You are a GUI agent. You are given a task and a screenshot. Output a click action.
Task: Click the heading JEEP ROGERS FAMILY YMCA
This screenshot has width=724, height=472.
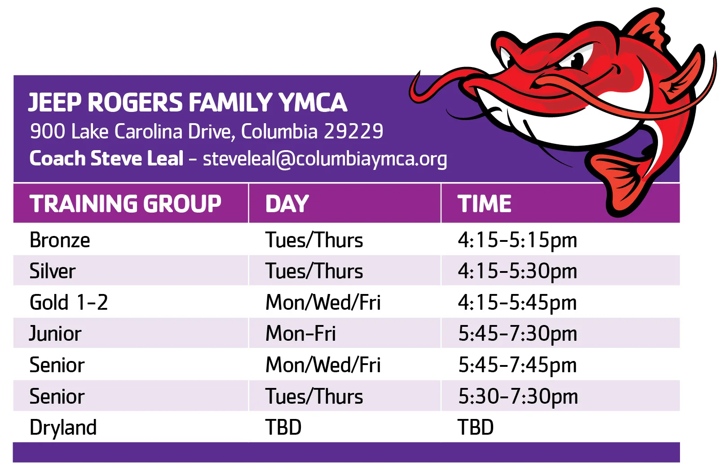point(188,102)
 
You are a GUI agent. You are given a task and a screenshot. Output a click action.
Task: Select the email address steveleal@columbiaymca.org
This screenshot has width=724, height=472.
point(325,159)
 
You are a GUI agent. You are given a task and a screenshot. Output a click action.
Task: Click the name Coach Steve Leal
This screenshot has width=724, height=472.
point(106,158)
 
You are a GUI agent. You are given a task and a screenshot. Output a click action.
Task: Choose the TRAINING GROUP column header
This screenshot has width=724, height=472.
point(125,204)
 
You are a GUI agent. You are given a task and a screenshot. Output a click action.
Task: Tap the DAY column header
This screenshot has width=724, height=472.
point(287,204)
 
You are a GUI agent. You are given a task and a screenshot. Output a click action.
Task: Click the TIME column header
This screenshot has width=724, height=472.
point(484,204)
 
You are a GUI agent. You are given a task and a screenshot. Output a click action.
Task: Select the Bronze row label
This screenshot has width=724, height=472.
point(60,240)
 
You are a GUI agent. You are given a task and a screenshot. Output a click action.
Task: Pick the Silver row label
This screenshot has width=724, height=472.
point(53,271)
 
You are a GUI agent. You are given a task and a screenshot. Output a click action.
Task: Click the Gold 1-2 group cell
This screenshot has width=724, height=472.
point(69,302)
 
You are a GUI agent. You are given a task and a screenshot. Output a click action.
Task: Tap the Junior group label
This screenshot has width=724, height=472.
point(55,334)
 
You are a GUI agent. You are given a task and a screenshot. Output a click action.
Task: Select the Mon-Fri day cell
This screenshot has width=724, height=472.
point(300,333)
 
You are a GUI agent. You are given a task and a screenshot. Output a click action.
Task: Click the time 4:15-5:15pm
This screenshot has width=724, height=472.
point(517,240)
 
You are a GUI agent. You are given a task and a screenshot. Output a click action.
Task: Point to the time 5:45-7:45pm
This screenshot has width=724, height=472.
point(517,365)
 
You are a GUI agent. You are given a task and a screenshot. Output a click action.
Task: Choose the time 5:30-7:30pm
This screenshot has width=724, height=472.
point(518,396)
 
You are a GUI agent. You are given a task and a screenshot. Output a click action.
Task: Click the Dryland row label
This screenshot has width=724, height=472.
point(63,427)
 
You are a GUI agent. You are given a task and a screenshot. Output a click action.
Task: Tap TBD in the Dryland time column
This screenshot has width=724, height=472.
point(476,427)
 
